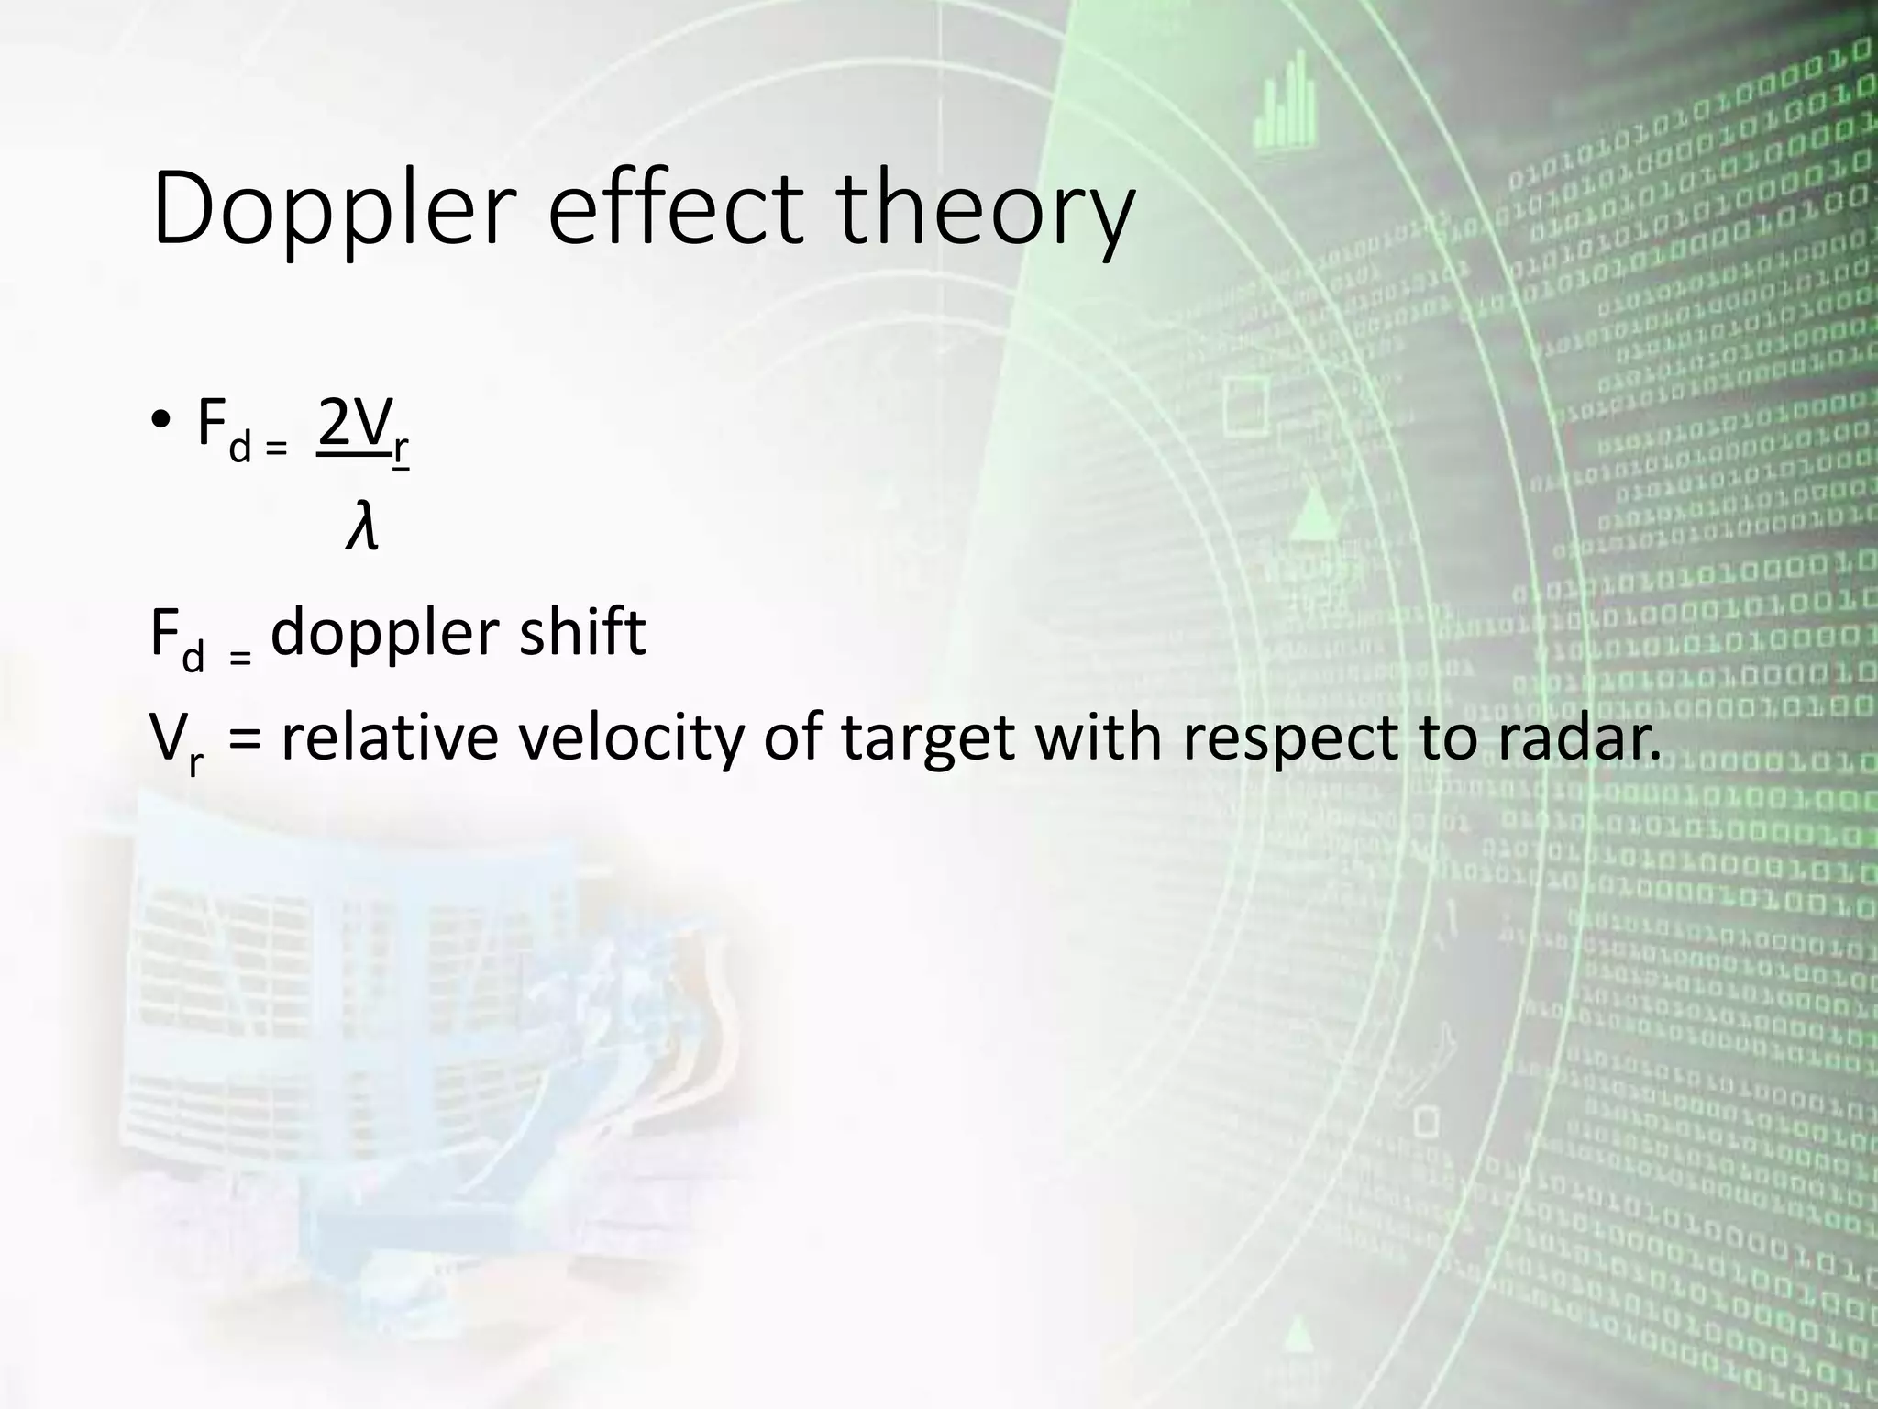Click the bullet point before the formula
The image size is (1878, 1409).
161,423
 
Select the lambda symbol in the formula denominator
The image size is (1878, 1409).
361,529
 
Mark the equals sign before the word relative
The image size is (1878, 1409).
243,739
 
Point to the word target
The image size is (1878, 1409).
928,738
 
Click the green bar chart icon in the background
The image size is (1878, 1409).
1287,100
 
